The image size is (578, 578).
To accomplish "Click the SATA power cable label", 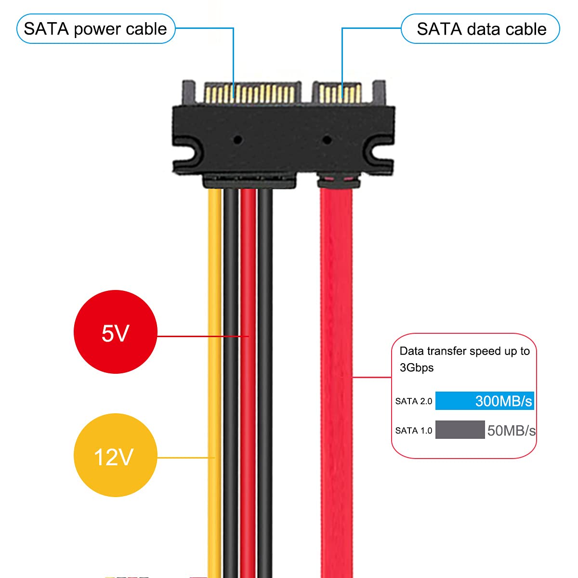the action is pyautogui.click(x=96, y=29).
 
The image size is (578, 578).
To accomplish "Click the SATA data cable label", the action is pyautogui.click(x=480, y=29).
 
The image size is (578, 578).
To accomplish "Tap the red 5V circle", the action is pyautogui.click(x=116, y=332).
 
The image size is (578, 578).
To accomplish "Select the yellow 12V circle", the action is pyautogui.click(x=116, y=455).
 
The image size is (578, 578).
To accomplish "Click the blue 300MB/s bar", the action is pyautogui.click(x=485, y=400).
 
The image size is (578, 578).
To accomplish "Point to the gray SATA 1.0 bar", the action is pyautogui.click(x=460, y=430).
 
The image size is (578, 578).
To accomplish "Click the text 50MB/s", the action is pyautogui.click(x=511, y=431).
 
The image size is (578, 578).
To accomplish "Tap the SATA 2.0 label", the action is pyautogui.click(x=414, y=401).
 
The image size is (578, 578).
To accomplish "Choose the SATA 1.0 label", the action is pyautogui.click(x=414, y=431).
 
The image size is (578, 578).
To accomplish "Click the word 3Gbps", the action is pyautogui.click(x=417, y=368).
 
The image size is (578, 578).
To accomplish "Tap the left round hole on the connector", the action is pyautogui.click(x=238, y=140).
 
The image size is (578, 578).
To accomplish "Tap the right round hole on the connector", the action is pyautogui.click(x=327, y=140).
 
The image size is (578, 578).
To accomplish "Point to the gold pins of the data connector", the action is pyautogui.click(x=340, y=93).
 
